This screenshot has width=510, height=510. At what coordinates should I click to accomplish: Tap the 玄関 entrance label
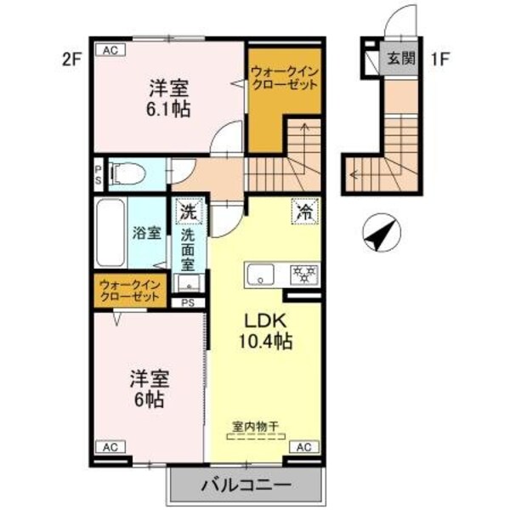(400, 59)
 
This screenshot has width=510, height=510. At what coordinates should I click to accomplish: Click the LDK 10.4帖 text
(270, 332)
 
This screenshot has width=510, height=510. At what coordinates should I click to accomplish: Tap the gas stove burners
(303, 274)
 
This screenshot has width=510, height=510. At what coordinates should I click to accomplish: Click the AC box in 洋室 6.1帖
(110, 49)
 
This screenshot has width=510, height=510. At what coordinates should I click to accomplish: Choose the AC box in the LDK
(305, 445)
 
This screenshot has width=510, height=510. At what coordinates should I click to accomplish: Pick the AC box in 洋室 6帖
(109, 445)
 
